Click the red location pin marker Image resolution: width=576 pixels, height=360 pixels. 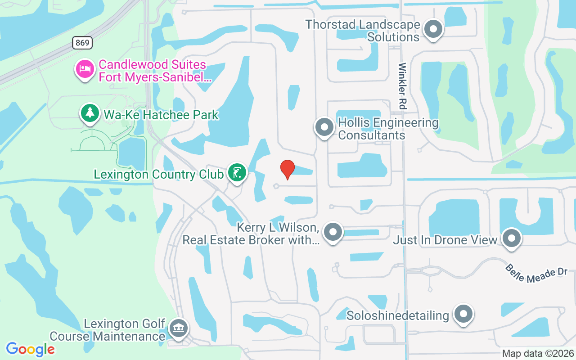(x=288, y=169)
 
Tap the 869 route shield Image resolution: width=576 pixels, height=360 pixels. (x=82, y=43)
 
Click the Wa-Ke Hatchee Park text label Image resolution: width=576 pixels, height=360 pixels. (x=161, y=115)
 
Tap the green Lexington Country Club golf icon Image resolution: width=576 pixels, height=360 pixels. (x=237, y=172)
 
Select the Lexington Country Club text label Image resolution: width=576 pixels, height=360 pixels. (x=158, y=174)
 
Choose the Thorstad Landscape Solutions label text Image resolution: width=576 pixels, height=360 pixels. (x=363, y=31)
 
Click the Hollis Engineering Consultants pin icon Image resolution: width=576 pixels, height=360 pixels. (x=324, y=127)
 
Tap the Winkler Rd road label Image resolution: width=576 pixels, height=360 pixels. (x=402, y=86)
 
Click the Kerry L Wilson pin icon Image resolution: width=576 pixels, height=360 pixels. (x=333, y=232)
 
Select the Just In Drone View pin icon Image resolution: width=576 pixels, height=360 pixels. (x=511, y=238)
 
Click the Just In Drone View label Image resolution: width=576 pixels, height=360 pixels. (x=445, y=240)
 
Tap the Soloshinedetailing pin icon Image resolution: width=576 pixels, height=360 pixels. (x=463, y=314)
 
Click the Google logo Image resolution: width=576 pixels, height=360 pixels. (x=30, y=349)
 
